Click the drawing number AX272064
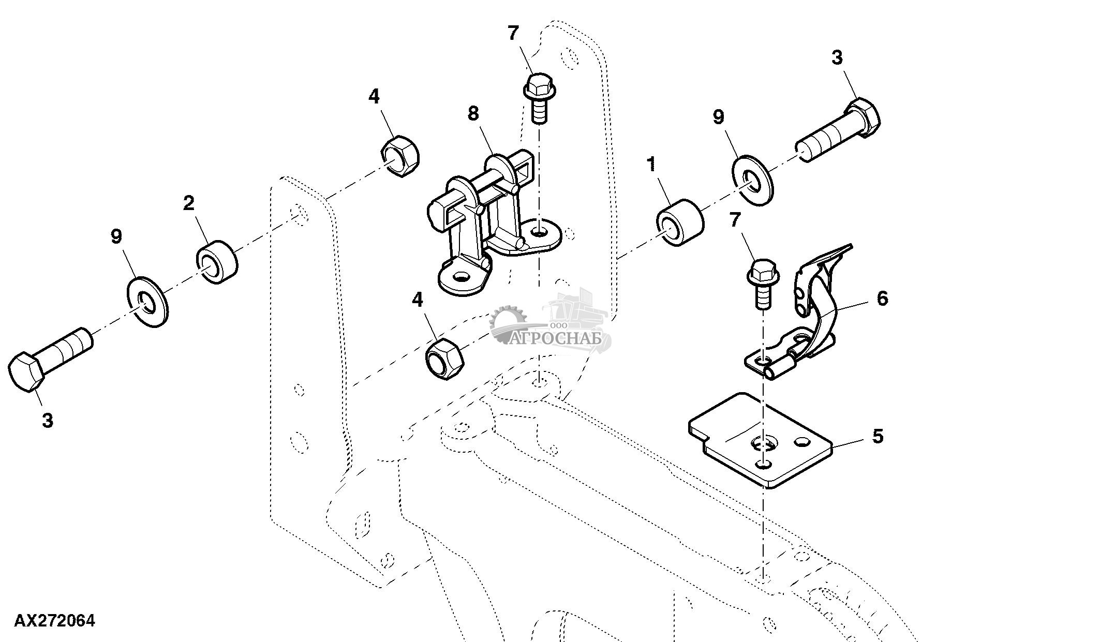tap(54, 621)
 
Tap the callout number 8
tap(473, 114)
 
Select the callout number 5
tap(878, 436)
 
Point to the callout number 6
tap(882, 298)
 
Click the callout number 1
tap(651, 165)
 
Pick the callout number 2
tap(189, 203)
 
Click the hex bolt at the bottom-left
tap(49, 360)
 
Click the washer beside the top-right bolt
tap(751, 179)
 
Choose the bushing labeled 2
tap(216, 262)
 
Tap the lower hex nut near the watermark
tap(444, 359)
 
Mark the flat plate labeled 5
tap(761, 442)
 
